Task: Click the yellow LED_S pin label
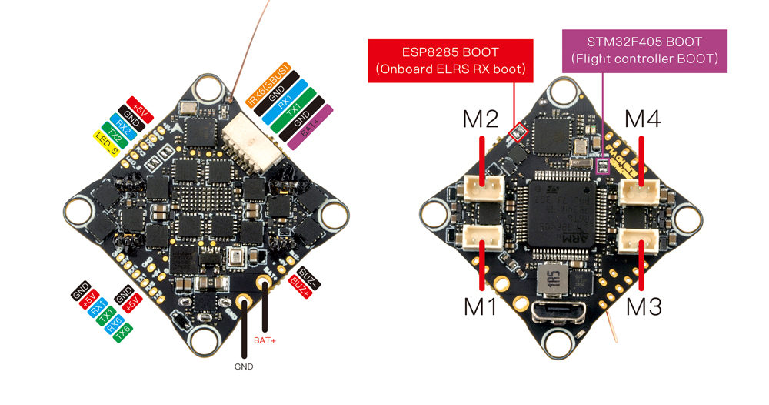106,142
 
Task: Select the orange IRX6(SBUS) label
268,84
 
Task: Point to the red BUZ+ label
299,288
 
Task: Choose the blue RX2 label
123,126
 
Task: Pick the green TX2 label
114,134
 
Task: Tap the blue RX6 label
114,323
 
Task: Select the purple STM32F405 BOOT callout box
644,50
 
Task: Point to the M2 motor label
481,119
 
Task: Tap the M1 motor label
481,306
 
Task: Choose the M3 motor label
644,306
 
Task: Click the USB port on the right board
559,313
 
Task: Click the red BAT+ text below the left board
265,340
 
